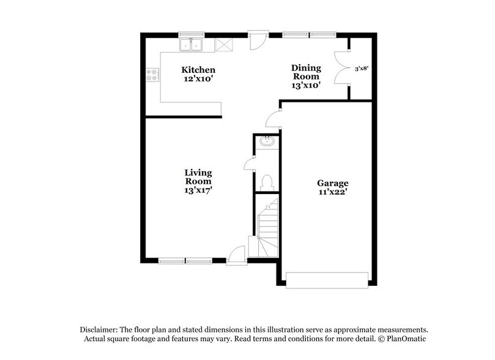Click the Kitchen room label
(x=198, y=70)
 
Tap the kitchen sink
(x=192, y=45)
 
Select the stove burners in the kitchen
(x=152, y=75)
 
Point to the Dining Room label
(x=305, y=72)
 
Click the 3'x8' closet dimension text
(x=362, y=69)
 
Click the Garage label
(x=332, y=183)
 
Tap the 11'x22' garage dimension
(x=332, y=192)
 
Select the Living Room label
(x=198, y=177)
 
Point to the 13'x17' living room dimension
(x=198, y=190)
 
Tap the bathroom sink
(x=267, y=143)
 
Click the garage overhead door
(x=328, y=280)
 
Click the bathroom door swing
(x=250, y=163)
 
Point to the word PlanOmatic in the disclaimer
(x=406, y=339)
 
